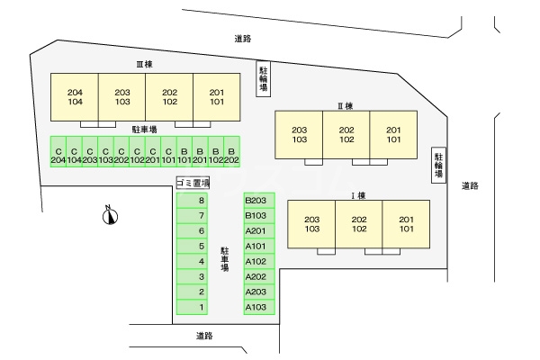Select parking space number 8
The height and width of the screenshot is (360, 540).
coord(202,200)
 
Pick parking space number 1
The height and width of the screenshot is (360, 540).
coord(202,307)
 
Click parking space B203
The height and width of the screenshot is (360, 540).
coord(256,200)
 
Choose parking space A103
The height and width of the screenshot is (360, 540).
coord(256,307)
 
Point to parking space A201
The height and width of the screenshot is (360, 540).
coord(256,230)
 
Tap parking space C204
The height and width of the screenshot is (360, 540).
coord(58,155)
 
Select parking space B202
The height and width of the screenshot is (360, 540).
coord(231,155)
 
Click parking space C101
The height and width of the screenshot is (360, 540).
coord(167,155)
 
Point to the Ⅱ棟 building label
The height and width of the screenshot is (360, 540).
coord(345,105)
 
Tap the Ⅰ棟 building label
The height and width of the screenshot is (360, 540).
coord(357,194)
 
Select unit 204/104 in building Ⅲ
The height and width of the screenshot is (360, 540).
coord(75,97)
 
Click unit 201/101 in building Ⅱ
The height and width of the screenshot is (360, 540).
coord(393,135)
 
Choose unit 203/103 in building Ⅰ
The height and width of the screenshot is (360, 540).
coord(311,224)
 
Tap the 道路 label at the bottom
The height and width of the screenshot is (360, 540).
coord(203,336)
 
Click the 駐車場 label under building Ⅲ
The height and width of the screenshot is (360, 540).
coord(144,130)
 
